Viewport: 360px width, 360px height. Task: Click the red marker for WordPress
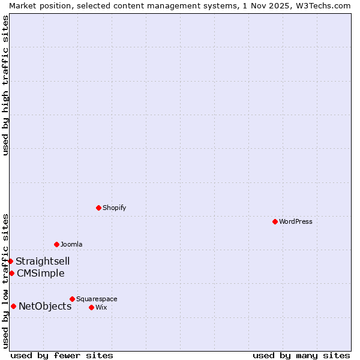(275, 221)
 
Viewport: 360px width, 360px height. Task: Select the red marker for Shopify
(98, 208)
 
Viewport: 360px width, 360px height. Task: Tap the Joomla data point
(56, 244)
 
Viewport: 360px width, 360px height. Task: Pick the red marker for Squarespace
(72, 299)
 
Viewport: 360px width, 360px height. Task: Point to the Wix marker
(91, 307)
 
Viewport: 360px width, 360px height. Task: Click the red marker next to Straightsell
(10, 261)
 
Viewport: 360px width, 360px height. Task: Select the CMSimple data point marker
(11, 273)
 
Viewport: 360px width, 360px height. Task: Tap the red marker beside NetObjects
(13, 306)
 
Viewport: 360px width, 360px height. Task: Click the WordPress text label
(296, 221)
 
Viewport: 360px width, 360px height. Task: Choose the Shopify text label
(115, 208)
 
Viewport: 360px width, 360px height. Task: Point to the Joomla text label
(71, 244)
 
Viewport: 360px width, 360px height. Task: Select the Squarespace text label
(97, 299)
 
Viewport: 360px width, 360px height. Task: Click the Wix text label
(101, 307)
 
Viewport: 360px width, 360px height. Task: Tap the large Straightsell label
(43, 261)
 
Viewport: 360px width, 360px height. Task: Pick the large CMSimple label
(41, 273)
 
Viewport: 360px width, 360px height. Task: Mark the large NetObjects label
(45, 306)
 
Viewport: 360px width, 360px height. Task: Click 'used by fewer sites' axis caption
(62, 355)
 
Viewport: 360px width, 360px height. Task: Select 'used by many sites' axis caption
(301, 355)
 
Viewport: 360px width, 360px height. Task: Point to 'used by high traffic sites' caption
(5, 85)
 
